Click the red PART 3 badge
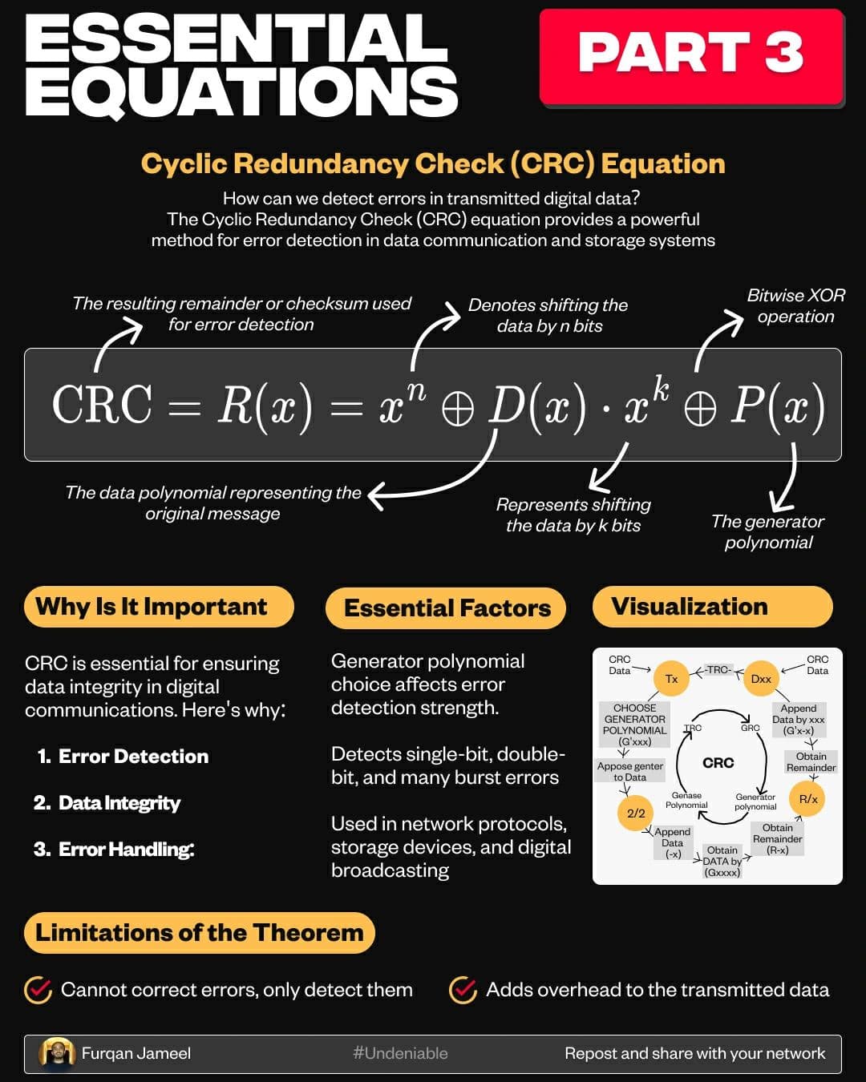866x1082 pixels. coord(691,56)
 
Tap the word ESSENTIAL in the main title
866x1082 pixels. coord(237,38)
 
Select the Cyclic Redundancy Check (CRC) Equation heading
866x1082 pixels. coord(433,164)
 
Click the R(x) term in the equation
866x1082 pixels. coord(265,406)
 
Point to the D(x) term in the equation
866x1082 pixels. coord(537,406)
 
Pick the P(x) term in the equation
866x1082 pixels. coord(778,406)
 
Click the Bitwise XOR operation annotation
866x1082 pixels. coord(795,305)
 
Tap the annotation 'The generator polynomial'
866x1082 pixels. coord(768,532)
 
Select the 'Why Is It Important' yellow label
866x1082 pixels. coord(159,607)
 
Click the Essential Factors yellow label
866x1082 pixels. coord(446,608)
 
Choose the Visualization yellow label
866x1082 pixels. coord(713,607)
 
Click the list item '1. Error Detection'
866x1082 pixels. coord(123,756)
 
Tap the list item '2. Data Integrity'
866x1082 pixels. coord(107,803)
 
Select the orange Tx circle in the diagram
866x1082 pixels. coord(671,679)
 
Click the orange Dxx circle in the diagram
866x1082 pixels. coord(761,679)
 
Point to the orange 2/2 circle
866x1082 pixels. coord(636,813)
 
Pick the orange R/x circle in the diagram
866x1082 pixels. coord(807,799)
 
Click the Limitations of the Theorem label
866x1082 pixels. coord(200,933)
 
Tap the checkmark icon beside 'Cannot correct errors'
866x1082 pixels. coord(38,990)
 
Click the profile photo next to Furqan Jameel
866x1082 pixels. coord(57,1052)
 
